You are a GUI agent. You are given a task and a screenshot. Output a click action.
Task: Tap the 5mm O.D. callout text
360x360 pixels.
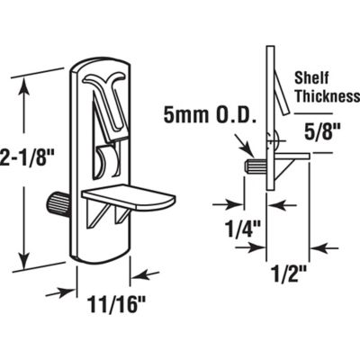coord(200,114)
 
